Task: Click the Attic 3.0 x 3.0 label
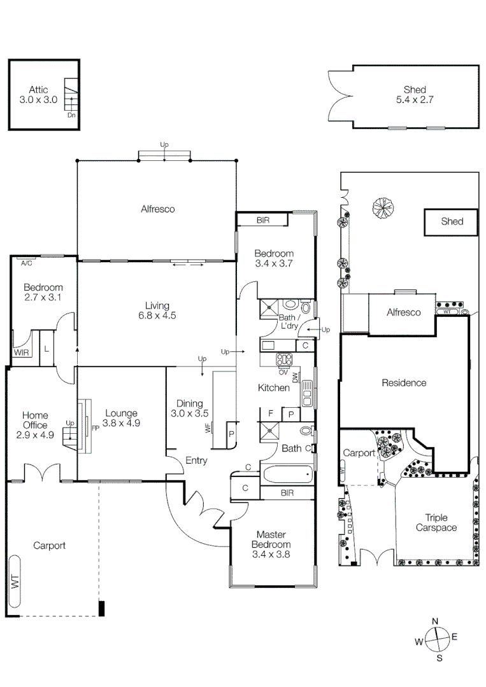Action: (38, 95)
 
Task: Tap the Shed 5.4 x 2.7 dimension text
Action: (415, 95)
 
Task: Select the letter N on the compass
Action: (435, 621)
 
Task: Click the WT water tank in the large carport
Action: (15, 581)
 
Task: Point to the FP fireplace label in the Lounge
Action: (95, 428)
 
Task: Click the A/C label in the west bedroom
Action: (26, 263)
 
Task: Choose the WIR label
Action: (21, 352)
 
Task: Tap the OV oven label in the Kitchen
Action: (283, 372)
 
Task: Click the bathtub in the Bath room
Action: (287, 475)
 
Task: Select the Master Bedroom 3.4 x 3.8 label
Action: (271, 544)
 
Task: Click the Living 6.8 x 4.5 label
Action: (157, 310)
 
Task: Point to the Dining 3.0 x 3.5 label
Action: (189, 408)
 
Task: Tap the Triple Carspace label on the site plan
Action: (436, 523)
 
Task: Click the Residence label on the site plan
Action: (404, 383)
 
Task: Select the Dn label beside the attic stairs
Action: (71, 115)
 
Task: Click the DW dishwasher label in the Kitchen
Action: (295, 377)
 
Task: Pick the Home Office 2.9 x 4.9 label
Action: (35, 424)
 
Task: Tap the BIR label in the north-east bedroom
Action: (263, 220)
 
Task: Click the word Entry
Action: (196, 461)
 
